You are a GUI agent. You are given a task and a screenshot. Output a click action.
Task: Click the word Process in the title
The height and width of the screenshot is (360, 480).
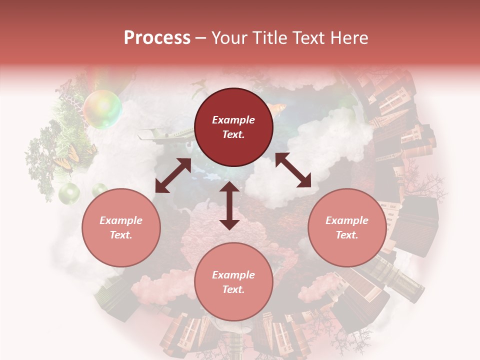tap(157, 38)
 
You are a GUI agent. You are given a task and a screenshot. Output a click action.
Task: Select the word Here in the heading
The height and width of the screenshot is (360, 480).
tap(348, 38)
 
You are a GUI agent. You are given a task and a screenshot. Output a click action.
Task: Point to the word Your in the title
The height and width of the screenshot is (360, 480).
tap(230, 38)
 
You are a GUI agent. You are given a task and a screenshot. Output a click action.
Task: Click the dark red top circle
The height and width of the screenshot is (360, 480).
tap(233, 127)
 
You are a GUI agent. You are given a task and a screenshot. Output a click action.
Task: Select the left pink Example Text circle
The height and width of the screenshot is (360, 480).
tap(121, 227)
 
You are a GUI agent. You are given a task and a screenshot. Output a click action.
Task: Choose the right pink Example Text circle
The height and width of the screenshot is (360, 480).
tap(346, 227)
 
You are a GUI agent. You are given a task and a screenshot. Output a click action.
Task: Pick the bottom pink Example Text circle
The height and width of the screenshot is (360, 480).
tap(233, 282)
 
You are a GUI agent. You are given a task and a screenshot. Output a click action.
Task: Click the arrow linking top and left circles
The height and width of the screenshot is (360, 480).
tap(173, 175)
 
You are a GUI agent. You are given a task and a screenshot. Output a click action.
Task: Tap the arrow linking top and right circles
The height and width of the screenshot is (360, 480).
tap(293, 170)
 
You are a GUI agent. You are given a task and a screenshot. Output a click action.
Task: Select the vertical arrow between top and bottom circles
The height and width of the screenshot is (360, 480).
tap(229, 206)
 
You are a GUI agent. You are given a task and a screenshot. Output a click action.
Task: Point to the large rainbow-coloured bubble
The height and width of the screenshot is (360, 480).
tap(102, 109)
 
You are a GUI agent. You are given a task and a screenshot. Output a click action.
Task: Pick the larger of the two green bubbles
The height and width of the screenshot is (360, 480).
tap(69, 192)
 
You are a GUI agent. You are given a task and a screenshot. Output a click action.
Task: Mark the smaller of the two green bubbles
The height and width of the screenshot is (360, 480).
tap(99, 189)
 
